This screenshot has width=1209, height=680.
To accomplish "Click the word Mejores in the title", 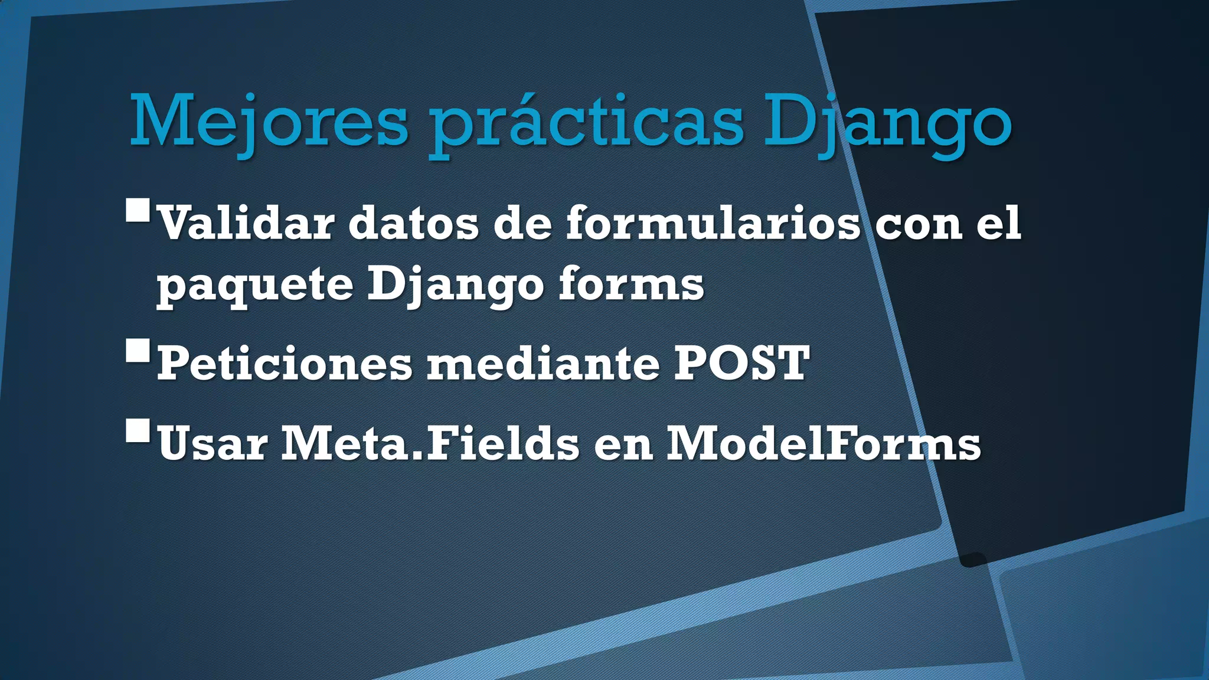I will [269, 123].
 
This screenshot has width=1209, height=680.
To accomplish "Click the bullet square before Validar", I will [138, 210].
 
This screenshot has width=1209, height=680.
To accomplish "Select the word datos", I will [413, 224].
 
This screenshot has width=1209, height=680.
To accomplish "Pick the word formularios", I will [713, 224].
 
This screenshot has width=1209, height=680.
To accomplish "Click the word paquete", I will [255, 285].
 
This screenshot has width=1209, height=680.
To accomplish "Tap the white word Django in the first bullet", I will [455, 285].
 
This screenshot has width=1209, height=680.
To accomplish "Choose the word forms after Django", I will [631, 285].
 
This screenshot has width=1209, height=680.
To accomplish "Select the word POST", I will [742, 364].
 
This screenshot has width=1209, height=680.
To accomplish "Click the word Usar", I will [213, 444].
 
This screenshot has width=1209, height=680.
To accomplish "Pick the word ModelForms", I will [824, 444].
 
